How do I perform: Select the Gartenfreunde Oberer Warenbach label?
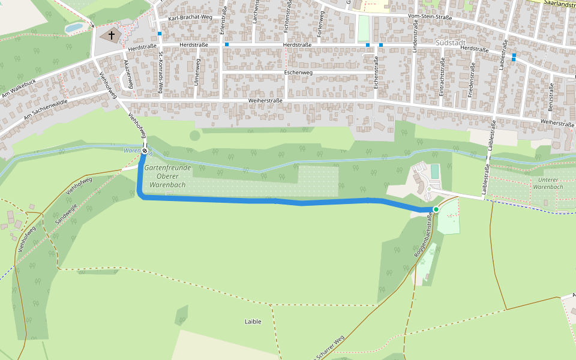169,176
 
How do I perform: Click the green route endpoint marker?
436,209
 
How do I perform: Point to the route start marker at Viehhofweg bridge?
145,151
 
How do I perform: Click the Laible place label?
253,322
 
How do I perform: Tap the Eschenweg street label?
298,73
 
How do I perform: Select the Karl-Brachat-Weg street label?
190,18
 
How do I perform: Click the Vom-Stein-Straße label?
430,17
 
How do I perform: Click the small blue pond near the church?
74,28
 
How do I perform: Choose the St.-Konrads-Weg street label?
161,73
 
